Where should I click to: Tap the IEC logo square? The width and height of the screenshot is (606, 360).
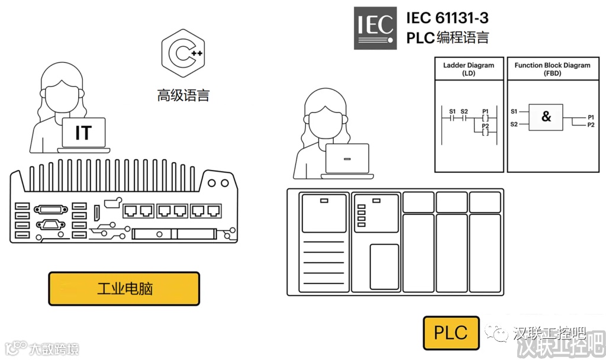[375, 28]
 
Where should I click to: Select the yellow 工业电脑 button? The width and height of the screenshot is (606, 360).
[124, 289]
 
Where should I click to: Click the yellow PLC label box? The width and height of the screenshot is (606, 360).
[450, 333]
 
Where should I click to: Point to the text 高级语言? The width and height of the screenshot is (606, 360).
[183, 95]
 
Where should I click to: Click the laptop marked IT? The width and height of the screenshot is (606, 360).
[83, 133]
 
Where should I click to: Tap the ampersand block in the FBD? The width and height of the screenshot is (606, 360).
[546, 117]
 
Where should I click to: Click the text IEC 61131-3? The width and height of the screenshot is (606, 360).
[447, 18]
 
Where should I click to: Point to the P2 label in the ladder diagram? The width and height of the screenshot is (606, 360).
[486, 126]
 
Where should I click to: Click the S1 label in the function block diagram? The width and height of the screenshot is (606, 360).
[514, 111]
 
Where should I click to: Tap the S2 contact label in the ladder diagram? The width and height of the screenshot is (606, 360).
[464, 111]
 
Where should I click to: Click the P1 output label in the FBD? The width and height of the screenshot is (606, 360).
[591, 118]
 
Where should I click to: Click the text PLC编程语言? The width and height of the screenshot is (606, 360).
[447, 37]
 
